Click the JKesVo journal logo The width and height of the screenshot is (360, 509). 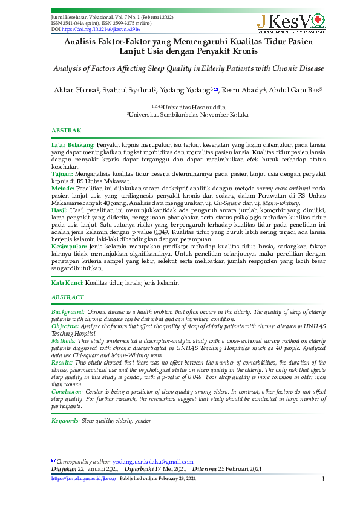point(290,22)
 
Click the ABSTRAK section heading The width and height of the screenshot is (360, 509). point(66,131)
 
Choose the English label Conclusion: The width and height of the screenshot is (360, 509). point(67,392)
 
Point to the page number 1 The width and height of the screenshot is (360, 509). point(324,479)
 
